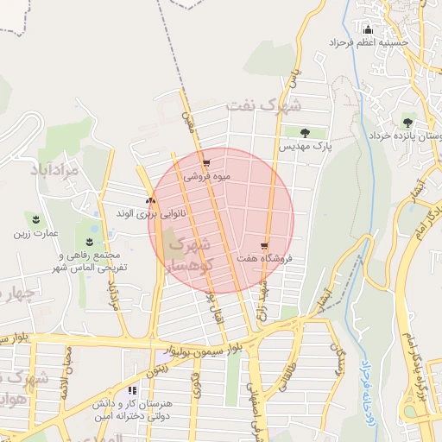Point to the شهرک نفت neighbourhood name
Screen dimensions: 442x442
click(x=264, y=105)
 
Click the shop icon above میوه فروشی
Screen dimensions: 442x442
click(x=205, y=162)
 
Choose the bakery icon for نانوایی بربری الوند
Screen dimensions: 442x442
click(x=151, y=200)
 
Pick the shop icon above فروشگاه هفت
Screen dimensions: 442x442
click(x=264, y=245)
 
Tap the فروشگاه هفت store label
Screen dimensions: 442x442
click(x=264, y=258)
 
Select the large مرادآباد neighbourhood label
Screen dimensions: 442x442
click(x=54, y=169)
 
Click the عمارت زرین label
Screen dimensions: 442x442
click(x=35, y=234)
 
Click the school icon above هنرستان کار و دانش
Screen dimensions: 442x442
click(x=131, y=390)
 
